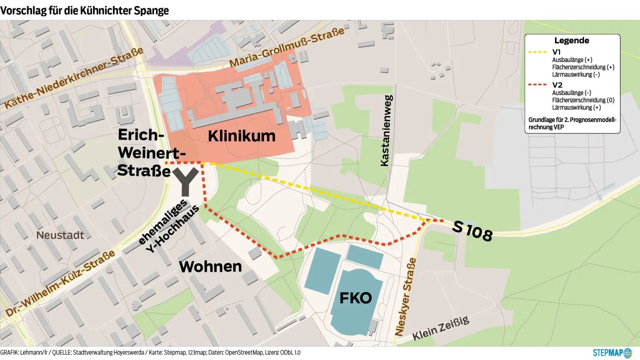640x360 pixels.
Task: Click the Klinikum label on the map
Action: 241,136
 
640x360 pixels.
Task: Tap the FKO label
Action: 355,298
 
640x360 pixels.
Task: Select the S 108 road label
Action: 472,231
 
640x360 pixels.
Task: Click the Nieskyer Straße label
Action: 405,296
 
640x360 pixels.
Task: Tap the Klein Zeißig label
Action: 441,328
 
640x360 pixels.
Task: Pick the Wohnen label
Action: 210,267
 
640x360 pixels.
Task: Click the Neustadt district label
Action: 60,235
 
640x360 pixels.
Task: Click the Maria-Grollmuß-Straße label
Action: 286,47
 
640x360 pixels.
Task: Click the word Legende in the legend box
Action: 571,41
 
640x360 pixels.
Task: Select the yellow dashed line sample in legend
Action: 537,52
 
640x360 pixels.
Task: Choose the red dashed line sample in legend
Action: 537,85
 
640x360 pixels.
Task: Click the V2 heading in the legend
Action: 557,85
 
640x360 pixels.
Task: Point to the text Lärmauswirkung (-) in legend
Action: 576,75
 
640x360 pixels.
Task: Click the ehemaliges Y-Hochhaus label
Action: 168,226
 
